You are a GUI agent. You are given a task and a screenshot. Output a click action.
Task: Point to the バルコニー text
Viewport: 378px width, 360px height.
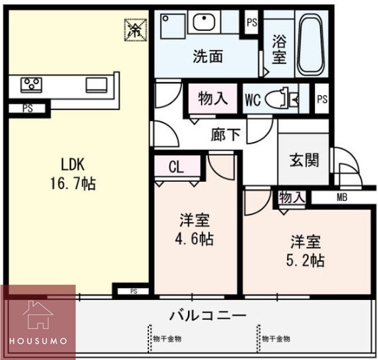[208, 316]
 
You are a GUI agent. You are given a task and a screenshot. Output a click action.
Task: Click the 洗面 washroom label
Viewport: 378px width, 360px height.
[208, 56]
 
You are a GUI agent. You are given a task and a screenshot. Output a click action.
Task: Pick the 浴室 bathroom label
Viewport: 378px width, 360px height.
[279, 48]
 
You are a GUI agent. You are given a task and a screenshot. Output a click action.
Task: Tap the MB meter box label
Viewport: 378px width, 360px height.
[342, 197]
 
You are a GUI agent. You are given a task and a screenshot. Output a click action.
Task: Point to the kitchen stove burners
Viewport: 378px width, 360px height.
[31, 84]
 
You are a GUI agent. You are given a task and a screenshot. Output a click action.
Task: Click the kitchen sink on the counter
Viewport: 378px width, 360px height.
[97, 84]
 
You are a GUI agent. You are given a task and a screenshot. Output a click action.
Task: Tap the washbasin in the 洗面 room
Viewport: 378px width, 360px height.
[204, 22]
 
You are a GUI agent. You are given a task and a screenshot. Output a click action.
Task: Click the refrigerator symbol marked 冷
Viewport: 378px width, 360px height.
[136, 29]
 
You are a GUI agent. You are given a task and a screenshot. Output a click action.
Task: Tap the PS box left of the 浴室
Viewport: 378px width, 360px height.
[252, 22]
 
